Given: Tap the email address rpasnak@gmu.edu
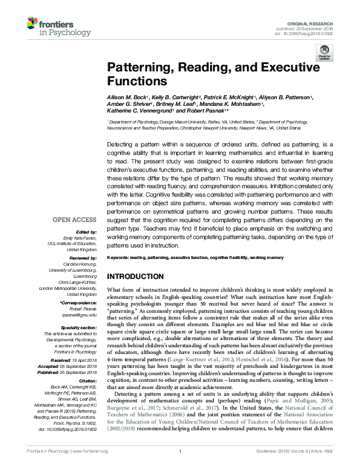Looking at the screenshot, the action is click(x=80, y=315).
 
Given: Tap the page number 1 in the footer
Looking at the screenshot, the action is click(x=180, y=468).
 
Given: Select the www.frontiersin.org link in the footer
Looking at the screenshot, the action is click(x=89, y=468).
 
